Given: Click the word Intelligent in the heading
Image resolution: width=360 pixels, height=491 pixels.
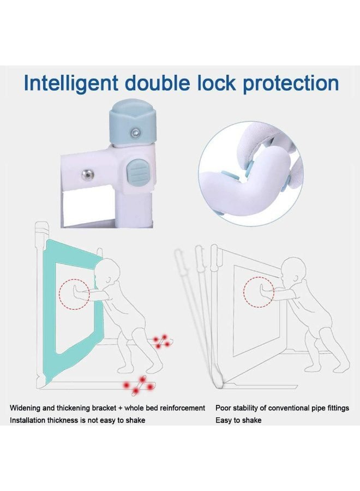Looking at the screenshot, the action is pos(71,83).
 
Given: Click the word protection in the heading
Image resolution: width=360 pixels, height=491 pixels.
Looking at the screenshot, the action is pos(291,84).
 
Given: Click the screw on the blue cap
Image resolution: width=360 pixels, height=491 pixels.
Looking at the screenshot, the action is pos(135,133).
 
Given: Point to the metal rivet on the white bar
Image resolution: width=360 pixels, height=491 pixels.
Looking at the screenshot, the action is pos(87,174).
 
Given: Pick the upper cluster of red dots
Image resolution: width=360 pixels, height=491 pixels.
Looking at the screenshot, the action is pos(161,340).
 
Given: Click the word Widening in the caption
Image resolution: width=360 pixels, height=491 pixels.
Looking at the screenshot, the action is pos(25,408).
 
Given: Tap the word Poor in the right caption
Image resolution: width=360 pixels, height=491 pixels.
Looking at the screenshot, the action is pos(223,408).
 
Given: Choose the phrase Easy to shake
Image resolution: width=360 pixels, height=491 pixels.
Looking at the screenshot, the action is pos(238,420).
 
